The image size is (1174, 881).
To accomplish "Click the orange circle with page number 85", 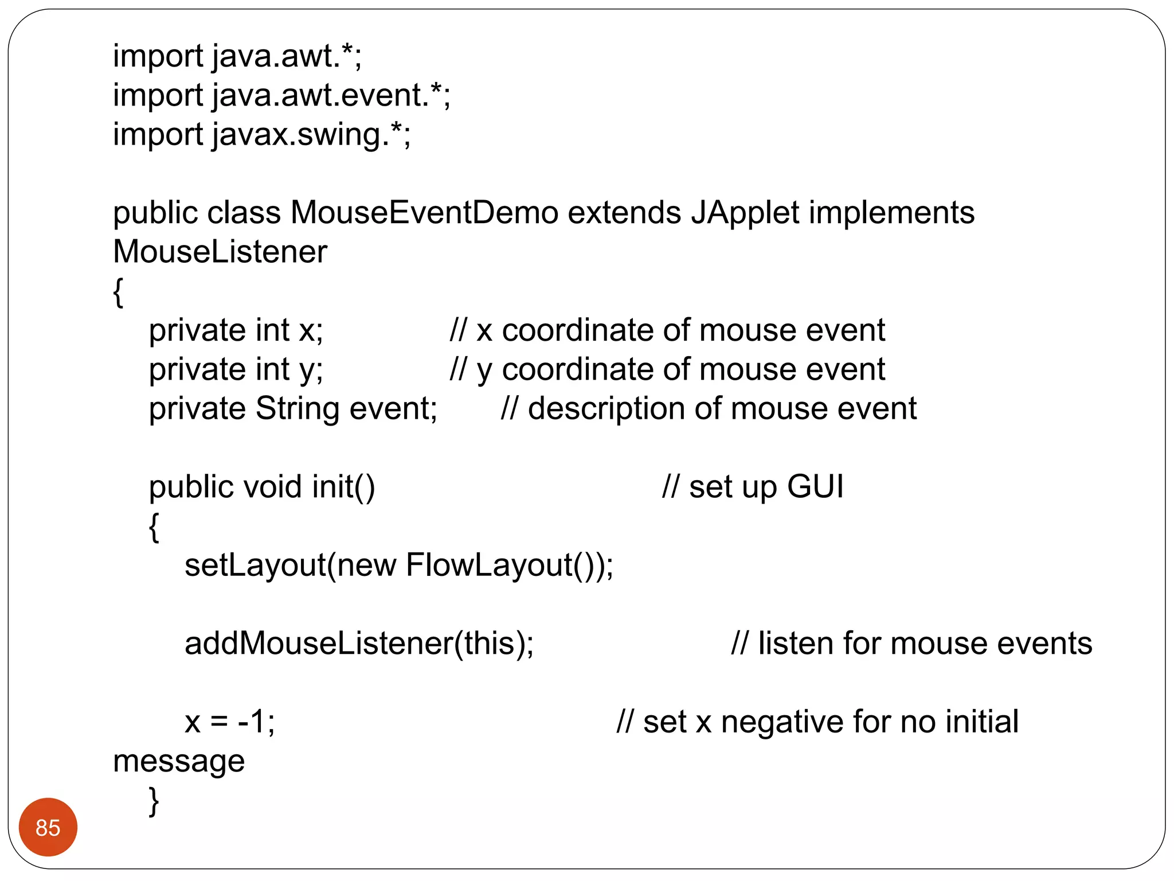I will pyautogui.click(x=48, y=827).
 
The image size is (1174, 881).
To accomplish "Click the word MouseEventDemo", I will pyautogui.click(x=424, y=213).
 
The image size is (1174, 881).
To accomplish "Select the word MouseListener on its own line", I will pyautogui.click(x=220, y=252).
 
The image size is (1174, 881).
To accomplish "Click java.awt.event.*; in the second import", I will pyautogui.click(x=331, y=95).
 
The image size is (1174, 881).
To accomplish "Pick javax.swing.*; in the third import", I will pyautogui.click(x=311, y=134).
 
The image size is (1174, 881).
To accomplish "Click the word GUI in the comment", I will pyautogui.click(x=815, y=487).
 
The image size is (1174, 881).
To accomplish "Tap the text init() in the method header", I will pyautogui.click(x=343, y=487).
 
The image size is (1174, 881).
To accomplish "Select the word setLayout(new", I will pyautogui.click(x=290, y=566).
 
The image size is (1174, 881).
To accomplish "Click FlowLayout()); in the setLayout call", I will pyautogui.click(x=510, y=566).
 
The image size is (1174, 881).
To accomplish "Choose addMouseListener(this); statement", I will pyautogui.click(x=359, y=644).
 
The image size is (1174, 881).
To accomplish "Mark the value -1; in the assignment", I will pyautogui.click(x=256, y=722).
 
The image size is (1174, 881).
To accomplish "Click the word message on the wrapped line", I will pyautogui.click(x=179, y=762).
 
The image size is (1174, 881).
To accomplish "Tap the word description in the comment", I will pyautogui.click(x=606, y=409).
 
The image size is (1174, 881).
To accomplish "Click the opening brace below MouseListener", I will pyautogui.click(x=118, y=293).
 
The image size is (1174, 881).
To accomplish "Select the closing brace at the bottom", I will pyautogui.click(x=154, y=801).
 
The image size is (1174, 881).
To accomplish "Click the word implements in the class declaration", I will pyautogui.click(x=891, y=213).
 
